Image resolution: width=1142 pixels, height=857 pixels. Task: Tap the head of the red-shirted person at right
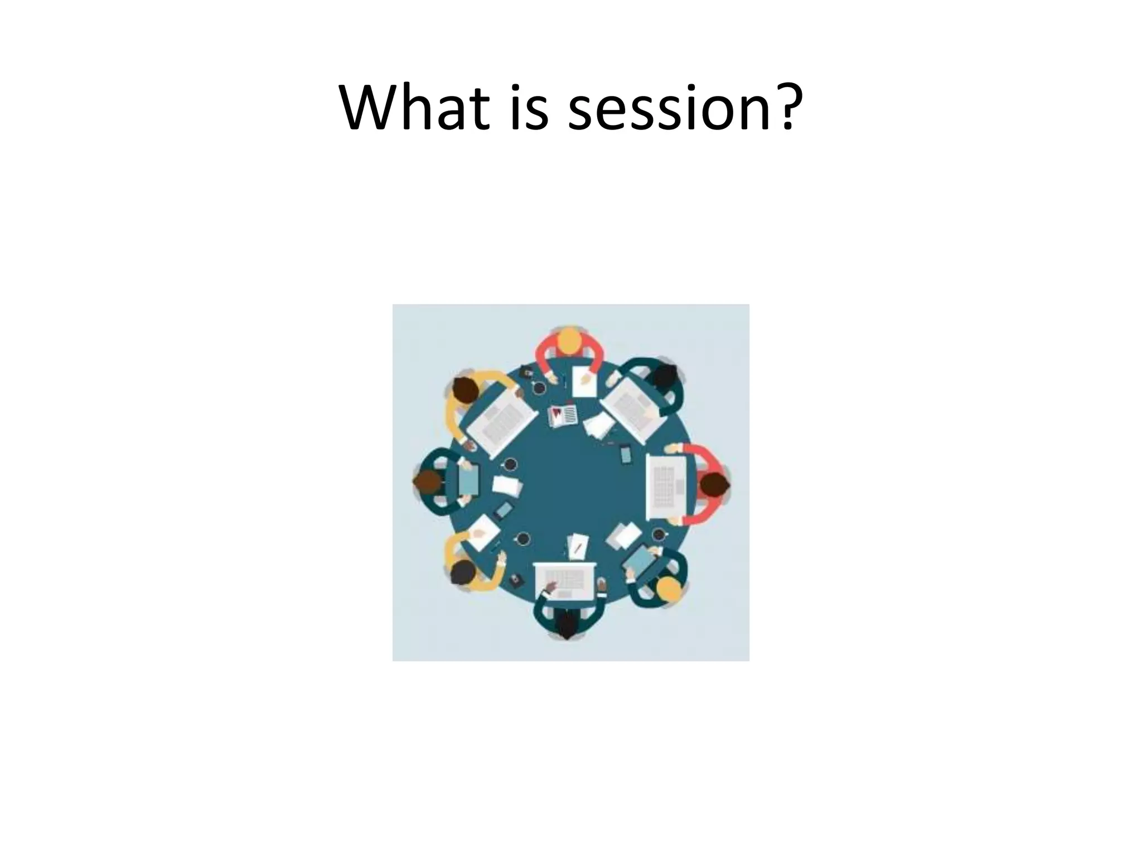click(x=715, y=484)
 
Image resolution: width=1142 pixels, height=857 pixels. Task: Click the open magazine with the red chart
click(x=563, y=416)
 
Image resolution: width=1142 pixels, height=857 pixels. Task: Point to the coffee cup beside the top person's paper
click(x=539, y=387)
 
